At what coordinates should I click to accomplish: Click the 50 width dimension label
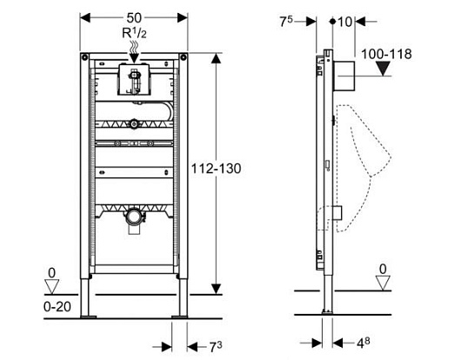pos(134,18)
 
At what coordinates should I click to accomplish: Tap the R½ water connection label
pos(134,33)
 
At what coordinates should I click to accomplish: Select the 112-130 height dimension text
pos(216,169)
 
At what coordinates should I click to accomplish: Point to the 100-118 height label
pos(386,55)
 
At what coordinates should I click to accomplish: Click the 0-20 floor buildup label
pos(57,307)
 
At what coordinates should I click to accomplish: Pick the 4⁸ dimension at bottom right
pos(363,343)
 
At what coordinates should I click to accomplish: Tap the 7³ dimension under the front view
pos(216,347)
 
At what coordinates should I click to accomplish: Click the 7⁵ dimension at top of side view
pos(286,22)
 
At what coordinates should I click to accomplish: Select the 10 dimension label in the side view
pos(344,22)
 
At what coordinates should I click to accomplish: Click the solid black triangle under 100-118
pos(383,68)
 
